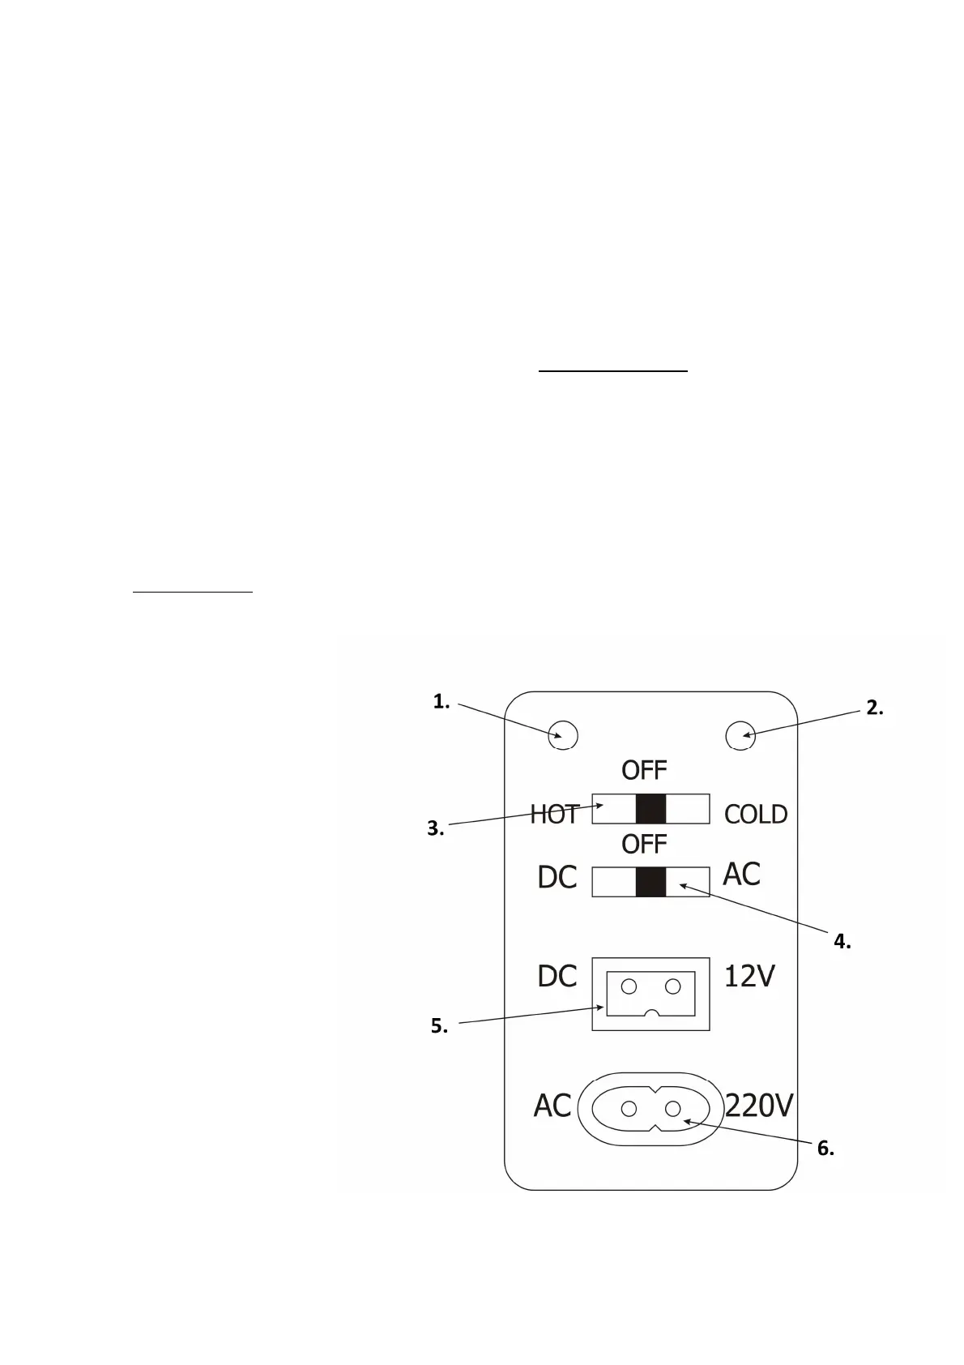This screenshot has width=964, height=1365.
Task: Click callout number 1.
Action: click(441, 702)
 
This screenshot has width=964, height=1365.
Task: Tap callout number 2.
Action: click(874, 708)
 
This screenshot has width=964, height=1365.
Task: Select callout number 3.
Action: click(435, 828)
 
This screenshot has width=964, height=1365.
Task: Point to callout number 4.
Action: click(842, 941)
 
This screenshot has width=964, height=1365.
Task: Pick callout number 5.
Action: click(439, 1026)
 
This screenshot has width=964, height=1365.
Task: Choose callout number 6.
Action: click(825, 1148)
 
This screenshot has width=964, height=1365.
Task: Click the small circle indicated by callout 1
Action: click(563, 735)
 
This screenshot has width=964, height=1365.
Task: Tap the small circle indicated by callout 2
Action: click(740, 736)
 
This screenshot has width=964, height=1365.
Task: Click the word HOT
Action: click(555, 814)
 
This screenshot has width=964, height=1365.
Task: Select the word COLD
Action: click(755, 814)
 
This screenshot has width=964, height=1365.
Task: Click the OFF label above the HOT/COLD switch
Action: click(644, 769)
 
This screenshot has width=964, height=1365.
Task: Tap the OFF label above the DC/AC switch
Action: click(644, 844)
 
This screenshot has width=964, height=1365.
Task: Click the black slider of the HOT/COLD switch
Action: click(650, 809)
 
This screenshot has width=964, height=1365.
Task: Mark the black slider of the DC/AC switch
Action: click(650, 882)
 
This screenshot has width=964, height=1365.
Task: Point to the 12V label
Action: click(749, 976)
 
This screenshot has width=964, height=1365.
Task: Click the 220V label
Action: click(759, 1106)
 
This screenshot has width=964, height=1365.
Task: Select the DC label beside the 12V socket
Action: click(557, 976)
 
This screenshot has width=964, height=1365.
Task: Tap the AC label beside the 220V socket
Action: click(552, 1106)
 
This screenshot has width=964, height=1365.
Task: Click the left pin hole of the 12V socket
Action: click(629, 986)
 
